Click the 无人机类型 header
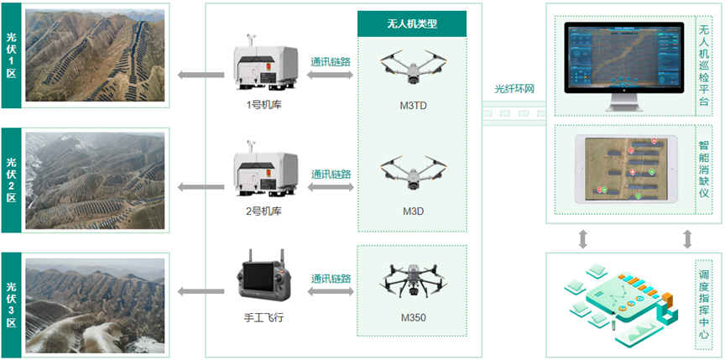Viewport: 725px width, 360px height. [412, 24]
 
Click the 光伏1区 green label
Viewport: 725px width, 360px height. [11, 55]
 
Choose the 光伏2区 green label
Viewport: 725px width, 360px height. [11, 180]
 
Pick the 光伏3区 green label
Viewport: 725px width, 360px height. [11, 303]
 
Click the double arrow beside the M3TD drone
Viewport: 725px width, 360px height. [331, 76]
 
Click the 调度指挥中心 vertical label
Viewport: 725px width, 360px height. [703, 305]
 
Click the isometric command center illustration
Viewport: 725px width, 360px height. [619, 304]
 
